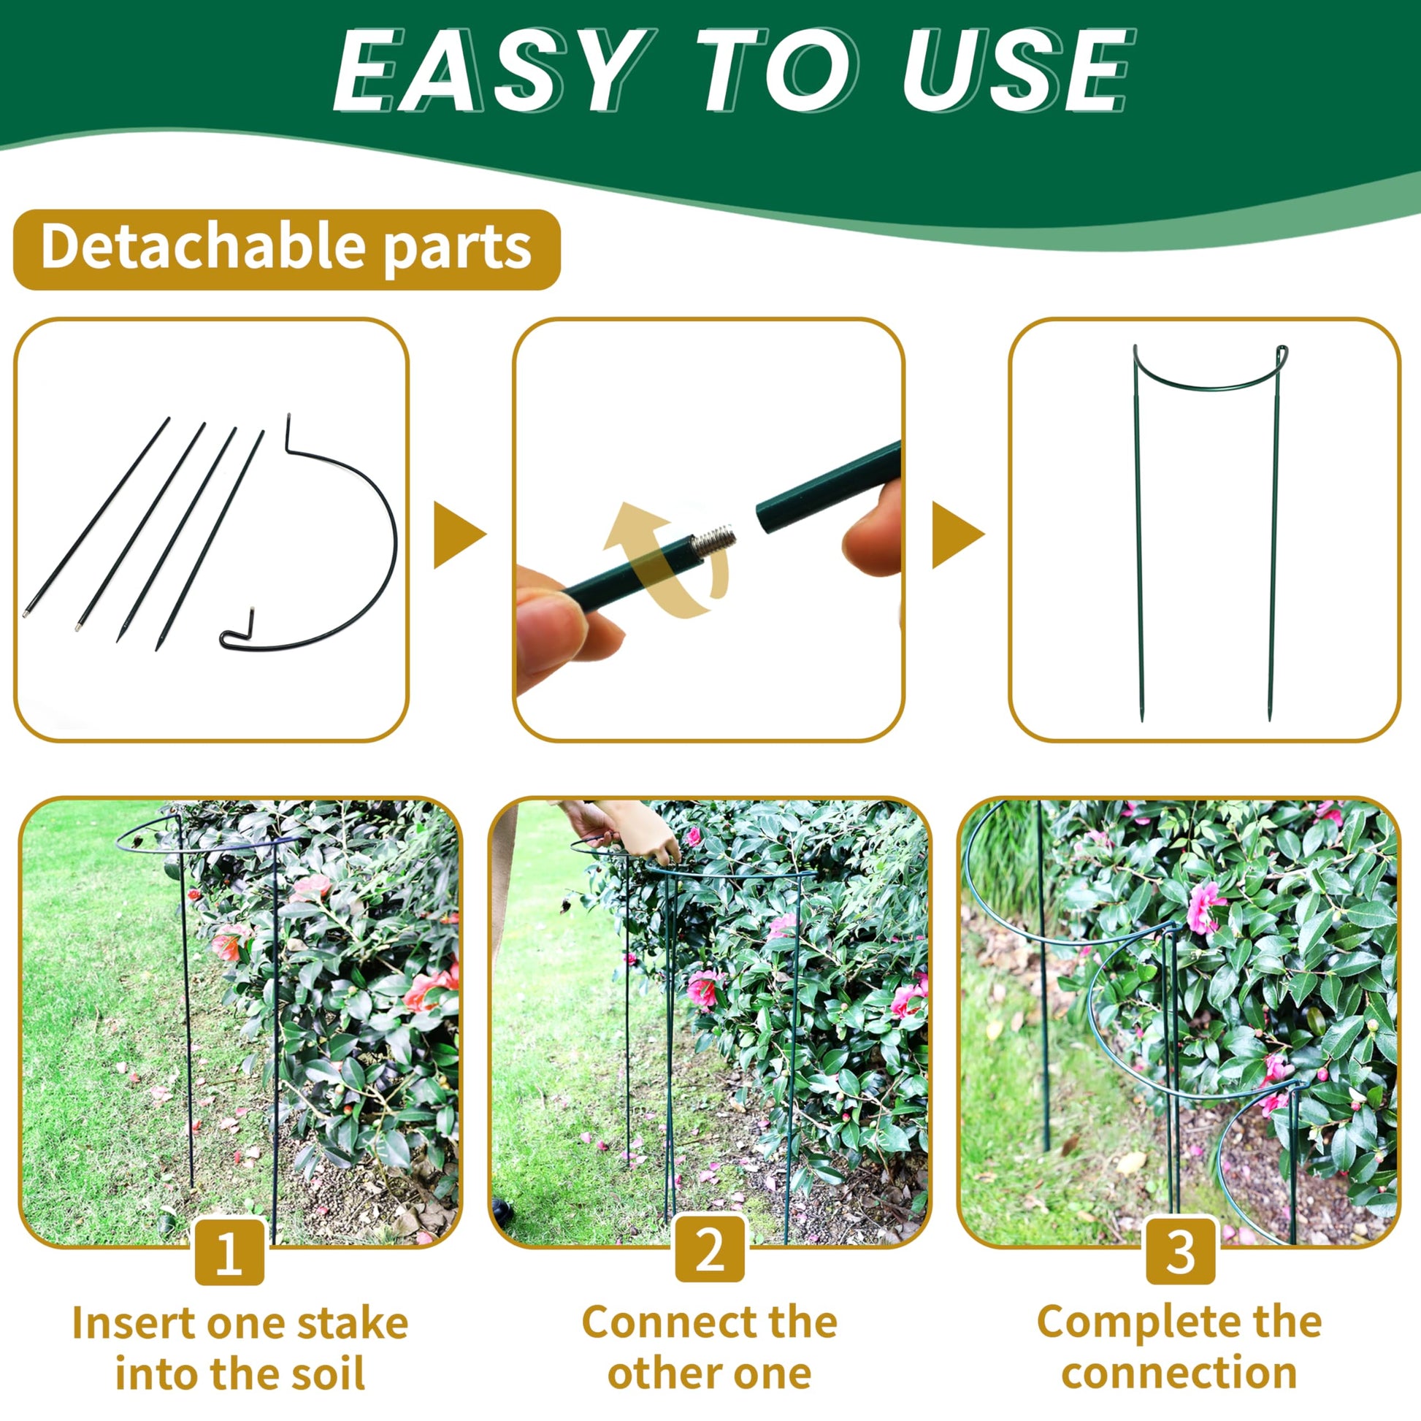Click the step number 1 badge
coord(229,1251)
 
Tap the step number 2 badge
coord(710,1249)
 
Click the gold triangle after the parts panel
coord(458,535)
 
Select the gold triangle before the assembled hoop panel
coord(956,535)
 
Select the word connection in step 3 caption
coord(1180,1374)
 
